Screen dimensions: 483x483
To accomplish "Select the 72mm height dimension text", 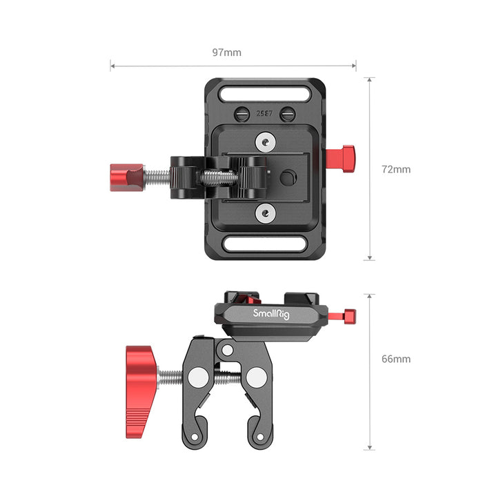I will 398,169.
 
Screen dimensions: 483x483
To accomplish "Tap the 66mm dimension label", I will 398,359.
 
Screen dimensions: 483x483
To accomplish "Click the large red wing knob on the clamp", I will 142,377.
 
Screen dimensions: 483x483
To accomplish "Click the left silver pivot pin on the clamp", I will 197,377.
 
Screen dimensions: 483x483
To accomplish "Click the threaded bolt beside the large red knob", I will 172,377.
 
